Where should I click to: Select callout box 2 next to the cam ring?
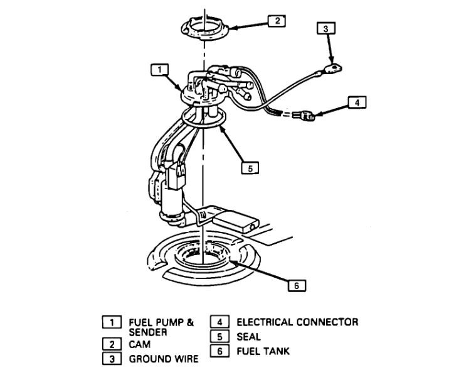pos(277,21)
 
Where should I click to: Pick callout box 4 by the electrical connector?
pos(355,103)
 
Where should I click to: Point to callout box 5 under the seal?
pos(250,168)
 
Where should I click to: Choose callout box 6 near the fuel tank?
pos(296,285)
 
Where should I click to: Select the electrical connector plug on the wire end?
pos(307,116)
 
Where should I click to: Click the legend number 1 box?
pos(112,322)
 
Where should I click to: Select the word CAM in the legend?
pos(140,345)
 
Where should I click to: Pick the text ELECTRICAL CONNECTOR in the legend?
pos(297,322)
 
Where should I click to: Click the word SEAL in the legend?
pos(248,337)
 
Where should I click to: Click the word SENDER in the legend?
pos(147,332)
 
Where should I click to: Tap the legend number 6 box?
pos(218,352)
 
